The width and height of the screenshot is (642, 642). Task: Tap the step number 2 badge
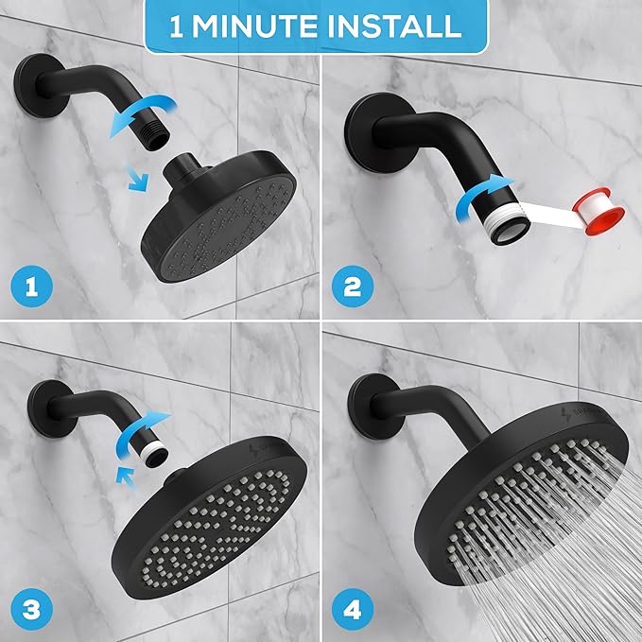point(354,283)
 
